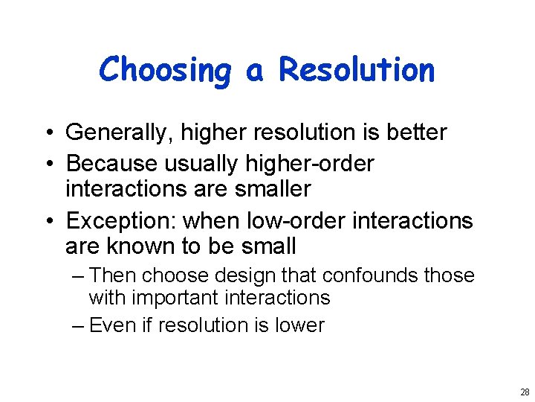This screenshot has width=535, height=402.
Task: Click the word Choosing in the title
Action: (165, 71)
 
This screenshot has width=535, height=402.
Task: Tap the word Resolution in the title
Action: (356, 70)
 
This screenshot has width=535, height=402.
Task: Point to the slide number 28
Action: (525, 392)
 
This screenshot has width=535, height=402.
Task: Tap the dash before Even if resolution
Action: (80, 325)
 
